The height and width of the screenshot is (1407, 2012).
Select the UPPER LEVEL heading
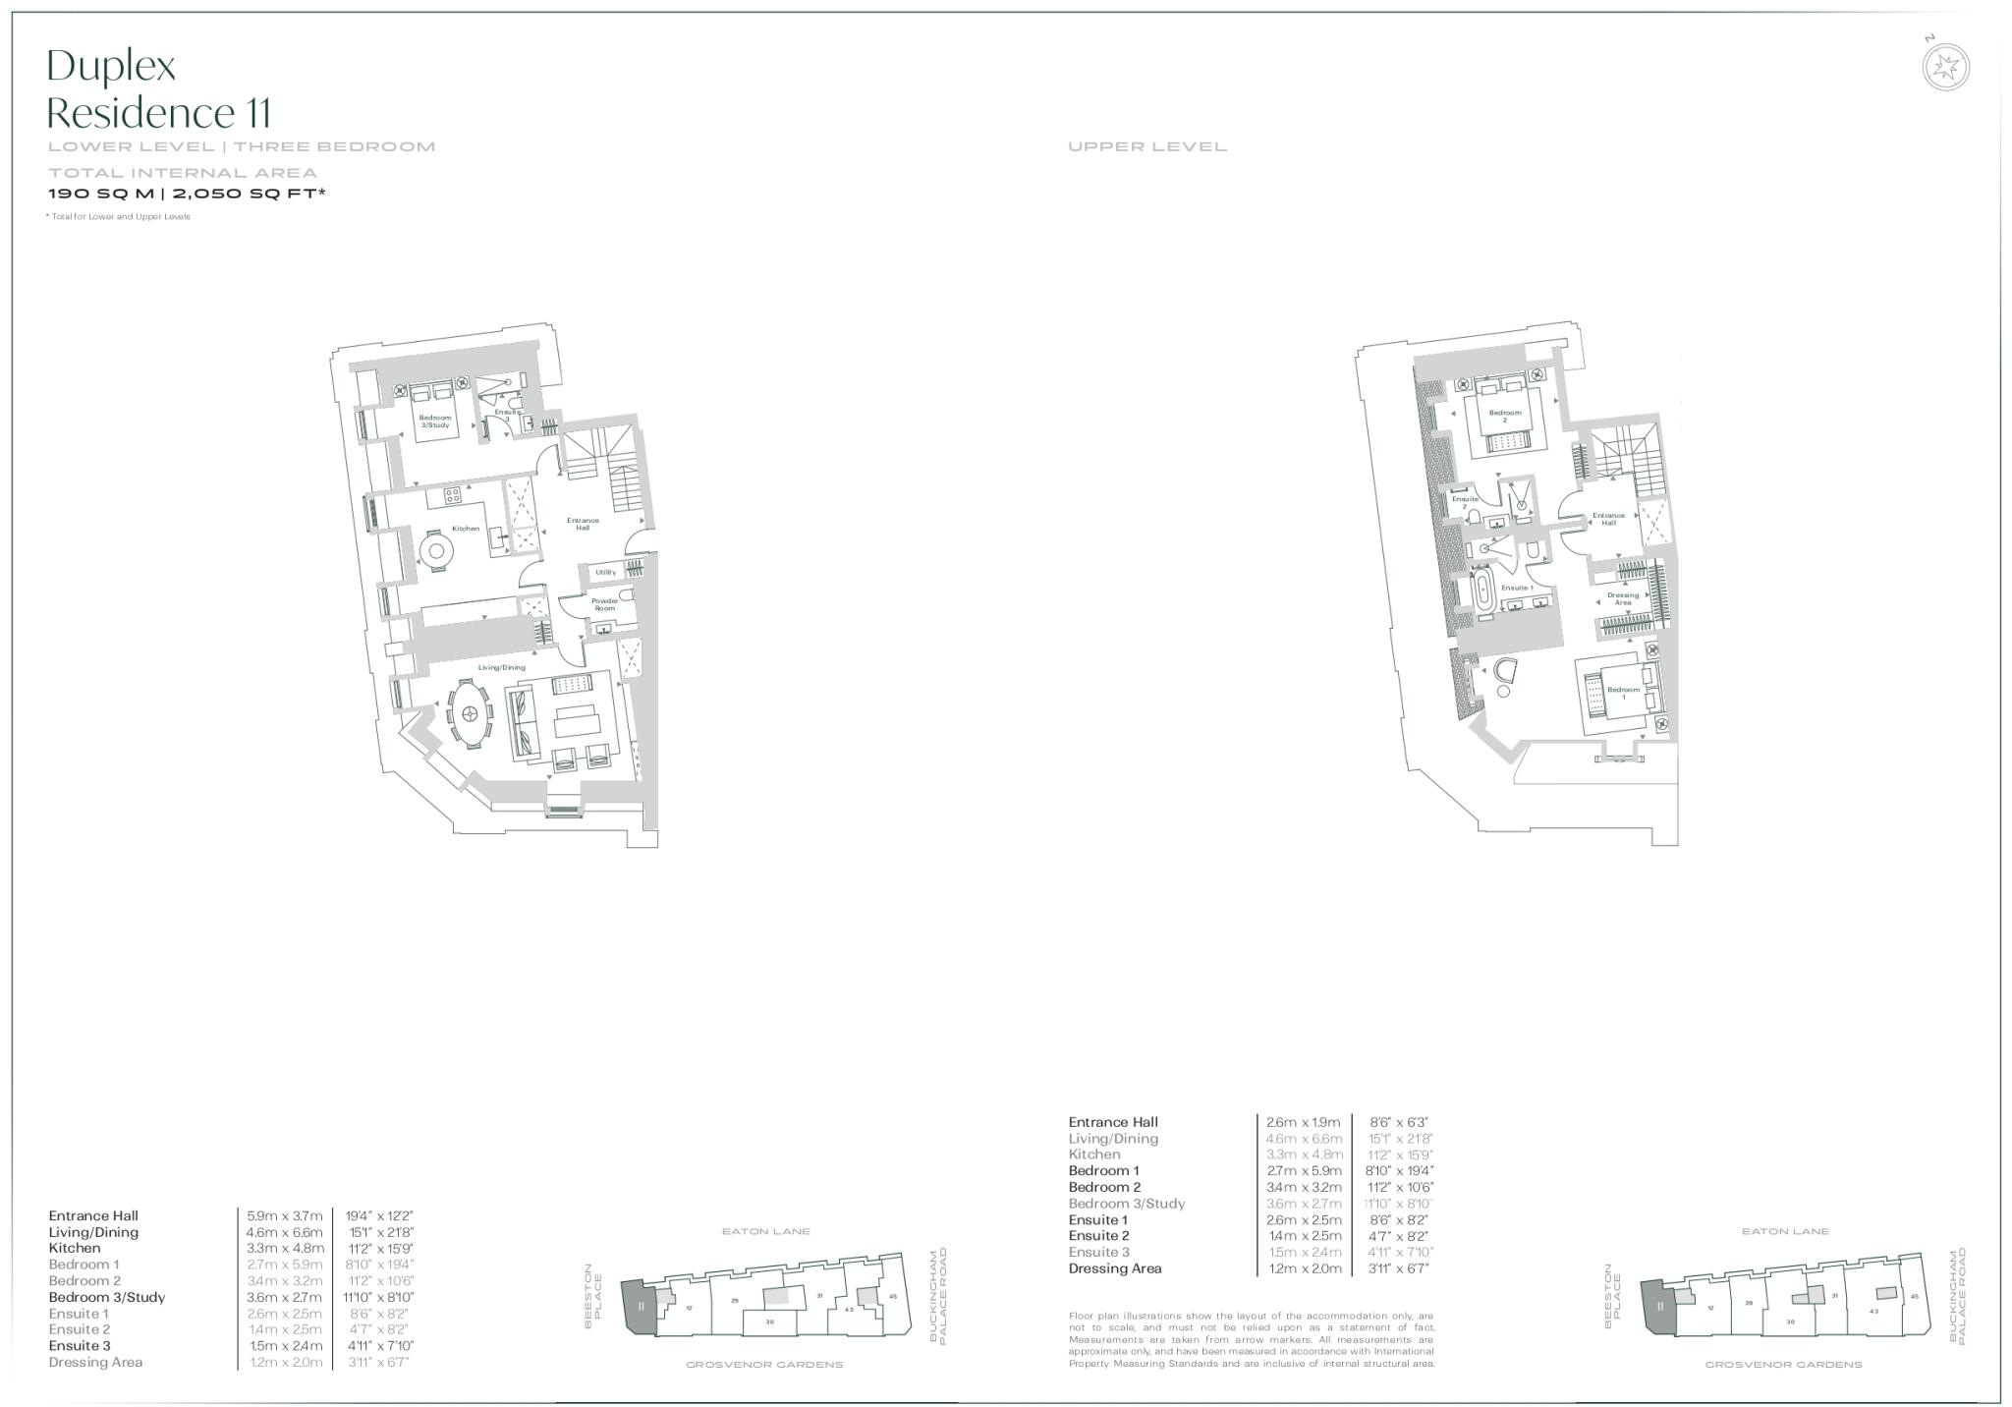(x=1147, y=147)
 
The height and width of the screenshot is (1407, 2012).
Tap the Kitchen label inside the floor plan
(x=466, y=529)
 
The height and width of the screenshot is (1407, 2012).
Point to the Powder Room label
(x=604, y=604)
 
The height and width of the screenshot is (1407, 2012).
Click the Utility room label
(x=605, y=572)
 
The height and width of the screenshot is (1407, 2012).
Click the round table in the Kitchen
(x=435, y=550)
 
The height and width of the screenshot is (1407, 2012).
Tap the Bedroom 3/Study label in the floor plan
(x=434, y=422)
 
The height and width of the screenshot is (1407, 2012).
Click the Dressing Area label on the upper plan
(x=1623, y=598)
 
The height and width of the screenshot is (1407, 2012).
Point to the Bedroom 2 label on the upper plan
(x=1504, y=416)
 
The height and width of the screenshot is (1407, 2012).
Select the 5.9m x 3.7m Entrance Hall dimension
(x=284, y=1215)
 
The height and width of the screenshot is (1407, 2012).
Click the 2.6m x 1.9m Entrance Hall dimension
(x=1304, y=1122)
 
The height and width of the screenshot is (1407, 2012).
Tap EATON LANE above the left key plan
(x=765, y=1231)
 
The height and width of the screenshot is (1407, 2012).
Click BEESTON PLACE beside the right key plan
(x=1613, y=1296)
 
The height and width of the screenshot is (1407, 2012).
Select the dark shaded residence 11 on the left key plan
(x=640, y=1306)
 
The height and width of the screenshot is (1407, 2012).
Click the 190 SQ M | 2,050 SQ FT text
(x=187, y=194)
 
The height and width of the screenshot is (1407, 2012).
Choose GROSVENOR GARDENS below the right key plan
(x=1783, y=1365)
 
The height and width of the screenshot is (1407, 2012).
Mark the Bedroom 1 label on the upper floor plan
(x=1623, y=693)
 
